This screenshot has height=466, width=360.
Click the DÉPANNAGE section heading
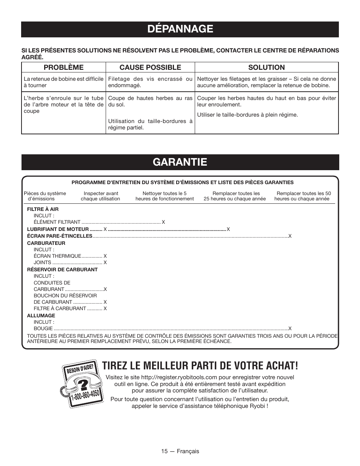[x=180, y=29]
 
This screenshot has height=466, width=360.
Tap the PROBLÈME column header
[x=63, y=67]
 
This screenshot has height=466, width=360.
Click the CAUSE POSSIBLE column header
[x=150, y=67]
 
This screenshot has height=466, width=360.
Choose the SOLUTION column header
[x=266, y=67]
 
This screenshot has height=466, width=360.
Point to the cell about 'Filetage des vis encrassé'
[x=150, y=82]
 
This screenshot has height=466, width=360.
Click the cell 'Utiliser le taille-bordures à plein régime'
[x=247, y=114]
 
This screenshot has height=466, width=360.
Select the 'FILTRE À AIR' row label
[x=43, y=209]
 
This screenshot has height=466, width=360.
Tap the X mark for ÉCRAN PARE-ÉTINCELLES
[x=290, y=236]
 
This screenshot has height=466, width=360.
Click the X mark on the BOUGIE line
[x=290, y=329]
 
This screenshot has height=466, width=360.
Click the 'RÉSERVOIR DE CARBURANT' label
[x=62, y=269]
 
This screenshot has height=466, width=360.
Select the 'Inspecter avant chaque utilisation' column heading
[x=100, y=196]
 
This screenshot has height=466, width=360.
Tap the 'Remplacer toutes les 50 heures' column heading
[x=302, y=196]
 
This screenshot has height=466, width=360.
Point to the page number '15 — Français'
[x=180, y=451]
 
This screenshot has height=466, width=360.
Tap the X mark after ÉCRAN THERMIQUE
[x=105, y=256]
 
